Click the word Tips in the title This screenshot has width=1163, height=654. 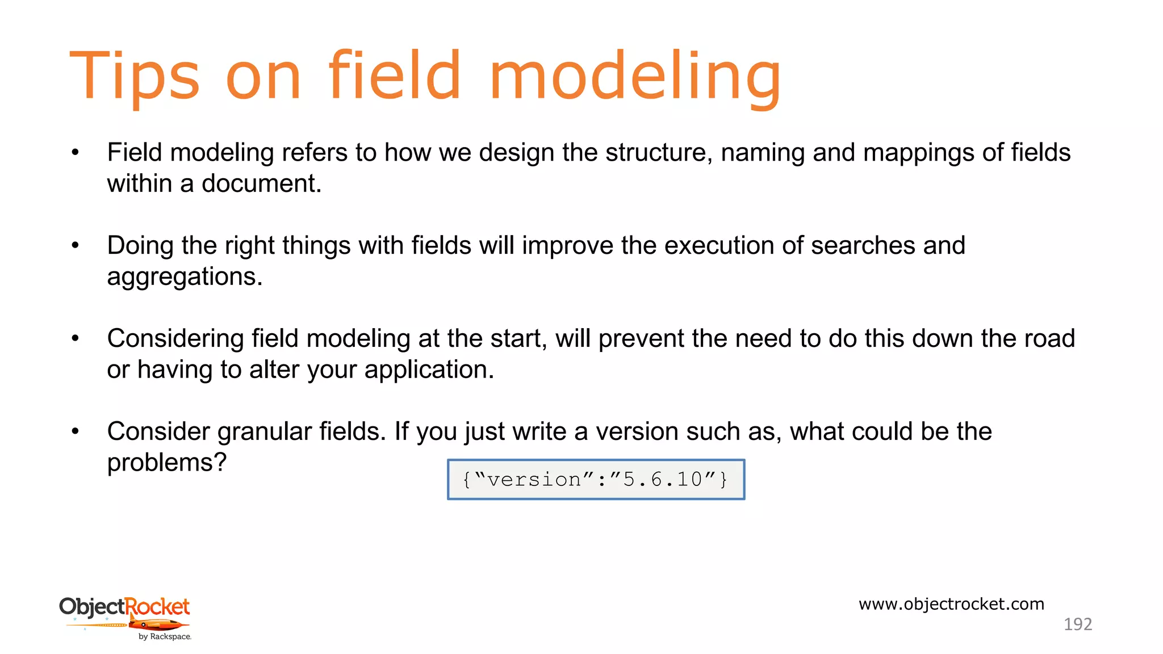click(x=135, y=77)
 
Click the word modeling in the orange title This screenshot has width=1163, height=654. click(x=634, y=77)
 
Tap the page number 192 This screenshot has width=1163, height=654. click(x=1077, y=624)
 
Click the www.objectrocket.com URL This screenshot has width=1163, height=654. click(x=951, y=603)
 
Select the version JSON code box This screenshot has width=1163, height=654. click(x=596, y=480)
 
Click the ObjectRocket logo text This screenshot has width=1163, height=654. click(x=124, y=607)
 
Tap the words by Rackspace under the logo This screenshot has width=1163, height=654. click(x=165, y=637)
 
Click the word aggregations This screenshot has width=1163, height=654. click(x=185, y=277)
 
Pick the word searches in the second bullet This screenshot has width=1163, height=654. click(x=863, y=246)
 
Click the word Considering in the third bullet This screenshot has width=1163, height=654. click(x=175, y=339)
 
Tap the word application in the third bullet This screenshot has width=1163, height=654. click(x=429, y=370)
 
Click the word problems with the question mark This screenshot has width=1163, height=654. click(x=166, y=463)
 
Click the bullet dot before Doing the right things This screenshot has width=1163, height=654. click(x=76, y=246)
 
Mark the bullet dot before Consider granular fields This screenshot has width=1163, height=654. click(x=76, y=432)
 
